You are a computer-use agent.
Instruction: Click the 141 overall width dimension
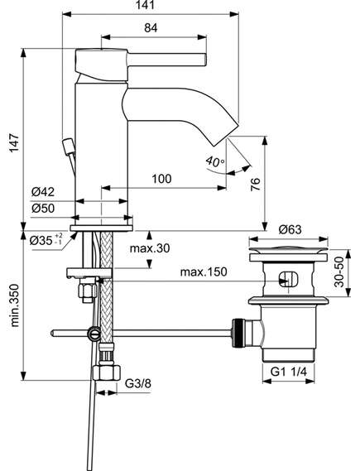click(146, 5)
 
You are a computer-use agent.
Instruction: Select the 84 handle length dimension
click(151, 28)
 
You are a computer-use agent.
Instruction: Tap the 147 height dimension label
click(14, 143)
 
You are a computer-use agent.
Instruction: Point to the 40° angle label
click(215, 162)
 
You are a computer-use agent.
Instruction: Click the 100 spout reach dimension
click(162, 179)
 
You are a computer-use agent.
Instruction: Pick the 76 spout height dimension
click(255, 184)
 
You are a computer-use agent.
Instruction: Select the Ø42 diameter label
click(43, 192)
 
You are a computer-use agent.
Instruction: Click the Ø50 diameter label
click(43, 208)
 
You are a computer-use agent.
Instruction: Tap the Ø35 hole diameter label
click(46, 240)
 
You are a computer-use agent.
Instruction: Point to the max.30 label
click(150, 248)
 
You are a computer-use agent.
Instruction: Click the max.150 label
click(204, 272)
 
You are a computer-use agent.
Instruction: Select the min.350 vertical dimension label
click(14, 305)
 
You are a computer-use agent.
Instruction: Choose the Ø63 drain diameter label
click(290, 230)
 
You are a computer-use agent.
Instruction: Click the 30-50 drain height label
click(339, 272)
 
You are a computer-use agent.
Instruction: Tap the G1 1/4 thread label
click(289, 372)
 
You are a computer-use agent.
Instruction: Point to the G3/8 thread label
click(138, 383)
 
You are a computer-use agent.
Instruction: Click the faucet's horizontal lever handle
click(167, 59)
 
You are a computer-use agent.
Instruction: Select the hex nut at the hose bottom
click(106, 372)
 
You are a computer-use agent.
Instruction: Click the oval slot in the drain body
click(289, 280)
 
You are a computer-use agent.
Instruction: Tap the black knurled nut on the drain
click(238, 333)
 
